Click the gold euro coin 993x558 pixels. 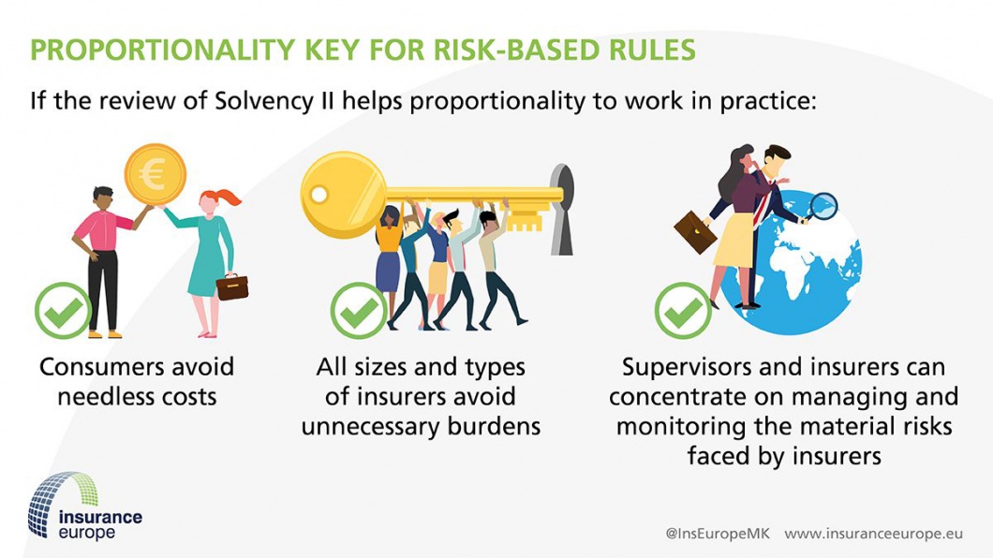155,174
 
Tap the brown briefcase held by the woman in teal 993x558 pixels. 231,287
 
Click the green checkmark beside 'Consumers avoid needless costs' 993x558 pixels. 64,311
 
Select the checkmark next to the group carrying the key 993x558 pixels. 359,311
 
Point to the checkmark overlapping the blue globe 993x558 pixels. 683,311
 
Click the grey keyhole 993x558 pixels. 562,210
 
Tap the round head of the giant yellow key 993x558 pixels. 343,194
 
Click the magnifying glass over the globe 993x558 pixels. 822,208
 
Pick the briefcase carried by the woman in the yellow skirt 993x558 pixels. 695,232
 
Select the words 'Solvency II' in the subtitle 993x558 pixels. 274,101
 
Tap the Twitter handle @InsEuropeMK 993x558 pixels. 718,534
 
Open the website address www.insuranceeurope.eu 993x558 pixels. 874,534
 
